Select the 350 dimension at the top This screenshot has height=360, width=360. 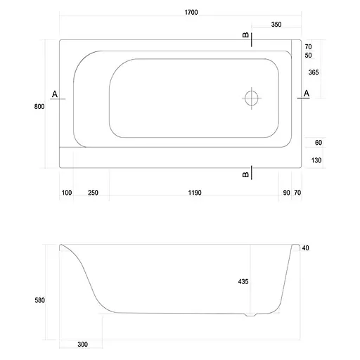(x=276, y=25)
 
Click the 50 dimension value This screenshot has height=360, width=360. (x=308, y=55)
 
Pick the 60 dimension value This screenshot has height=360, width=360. (x=318, y=143)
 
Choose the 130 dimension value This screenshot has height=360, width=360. (x=318, y=160)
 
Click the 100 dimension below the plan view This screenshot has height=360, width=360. (x=67, y=192)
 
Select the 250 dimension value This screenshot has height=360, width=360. (x=93, y=192)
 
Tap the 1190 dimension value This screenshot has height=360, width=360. (x=195, y=192)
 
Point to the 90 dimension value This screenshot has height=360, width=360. (x=285, y=192)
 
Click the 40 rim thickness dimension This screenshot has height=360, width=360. (x=305, y=248)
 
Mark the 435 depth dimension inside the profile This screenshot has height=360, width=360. (x=243, y=281)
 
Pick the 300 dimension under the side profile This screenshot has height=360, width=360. (x=84, y=345)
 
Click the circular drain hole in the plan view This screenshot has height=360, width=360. (x=252, y=98)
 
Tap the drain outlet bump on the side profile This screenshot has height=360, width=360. (x=251, y=315)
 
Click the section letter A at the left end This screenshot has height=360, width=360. (x=55, y=94)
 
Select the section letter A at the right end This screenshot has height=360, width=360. (x=306, y=94)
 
